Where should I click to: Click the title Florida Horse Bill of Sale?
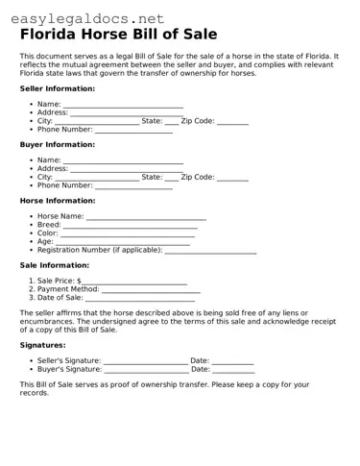click(118, 34)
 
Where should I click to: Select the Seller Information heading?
click(57, 88)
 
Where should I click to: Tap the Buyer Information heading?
click(57, 144)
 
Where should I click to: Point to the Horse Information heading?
click(58, 201)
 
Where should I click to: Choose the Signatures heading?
click(42, 345)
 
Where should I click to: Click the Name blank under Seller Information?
click(123, 105)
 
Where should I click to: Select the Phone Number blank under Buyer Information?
click(133, 185)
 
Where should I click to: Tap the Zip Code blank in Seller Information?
click(232, 122)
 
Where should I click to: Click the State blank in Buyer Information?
click(171, 178)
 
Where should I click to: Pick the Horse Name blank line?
click(146, 217)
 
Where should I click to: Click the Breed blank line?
click(130, 226)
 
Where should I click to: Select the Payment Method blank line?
click(151, 289)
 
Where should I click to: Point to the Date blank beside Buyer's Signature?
click(233, 369)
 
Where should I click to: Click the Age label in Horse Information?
click(45, 241)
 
